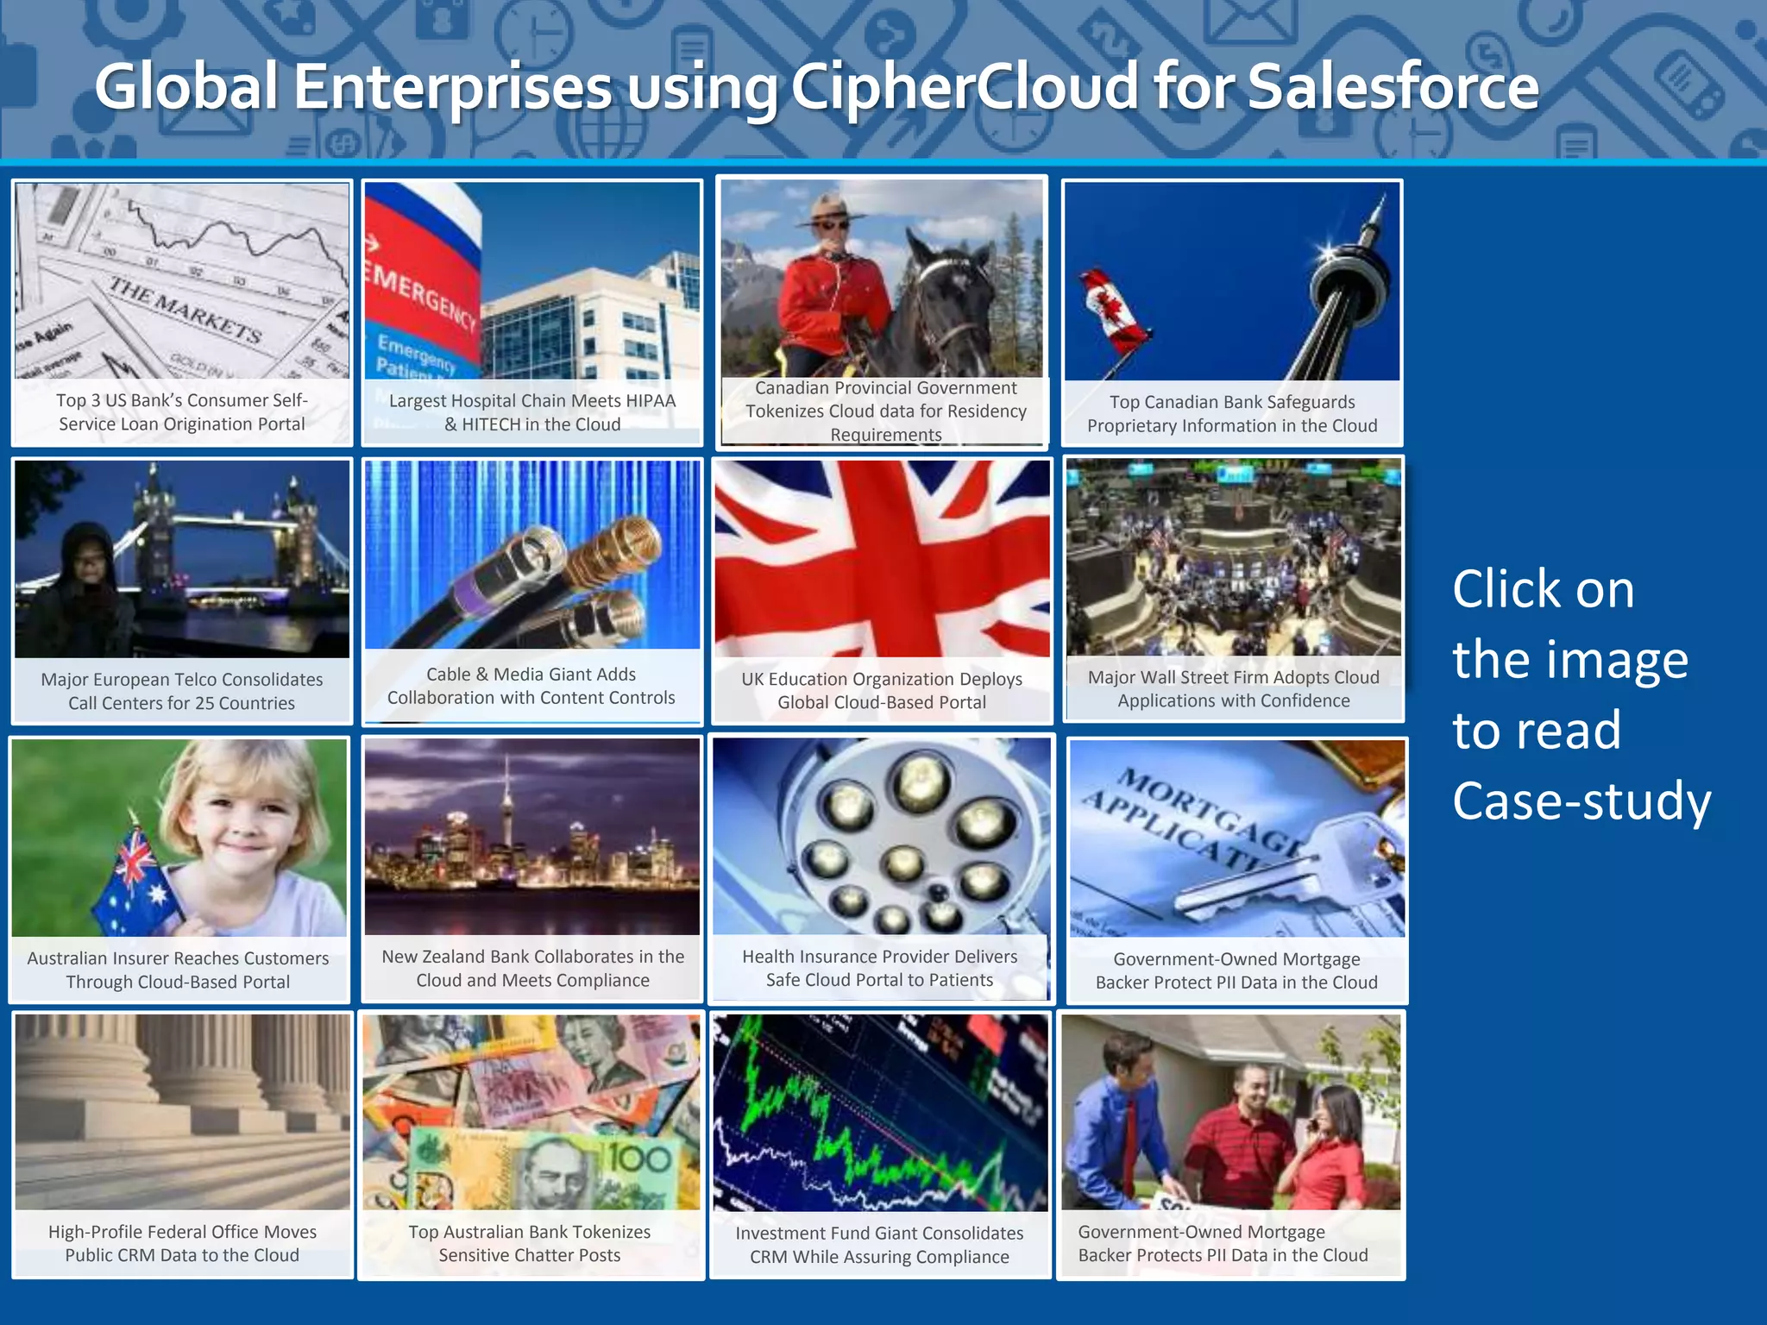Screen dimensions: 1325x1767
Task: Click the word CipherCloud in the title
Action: [x=964, y=87]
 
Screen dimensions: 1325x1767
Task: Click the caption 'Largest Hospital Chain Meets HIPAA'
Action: [x=532, y=400]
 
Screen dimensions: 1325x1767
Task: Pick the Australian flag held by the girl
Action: [x=138, y=880]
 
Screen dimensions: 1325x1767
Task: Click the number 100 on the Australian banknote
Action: [x=638, y=1159]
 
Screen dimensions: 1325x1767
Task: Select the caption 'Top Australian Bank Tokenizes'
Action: [x=530, y=1232]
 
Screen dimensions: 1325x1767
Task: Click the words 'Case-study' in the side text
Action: [x=1581, y=801]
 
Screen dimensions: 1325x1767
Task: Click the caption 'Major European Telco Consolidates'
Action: [x=182, y=680]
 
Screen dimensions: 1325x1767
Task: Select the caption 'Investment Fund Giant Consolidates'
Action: [x=879, y=1234]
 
